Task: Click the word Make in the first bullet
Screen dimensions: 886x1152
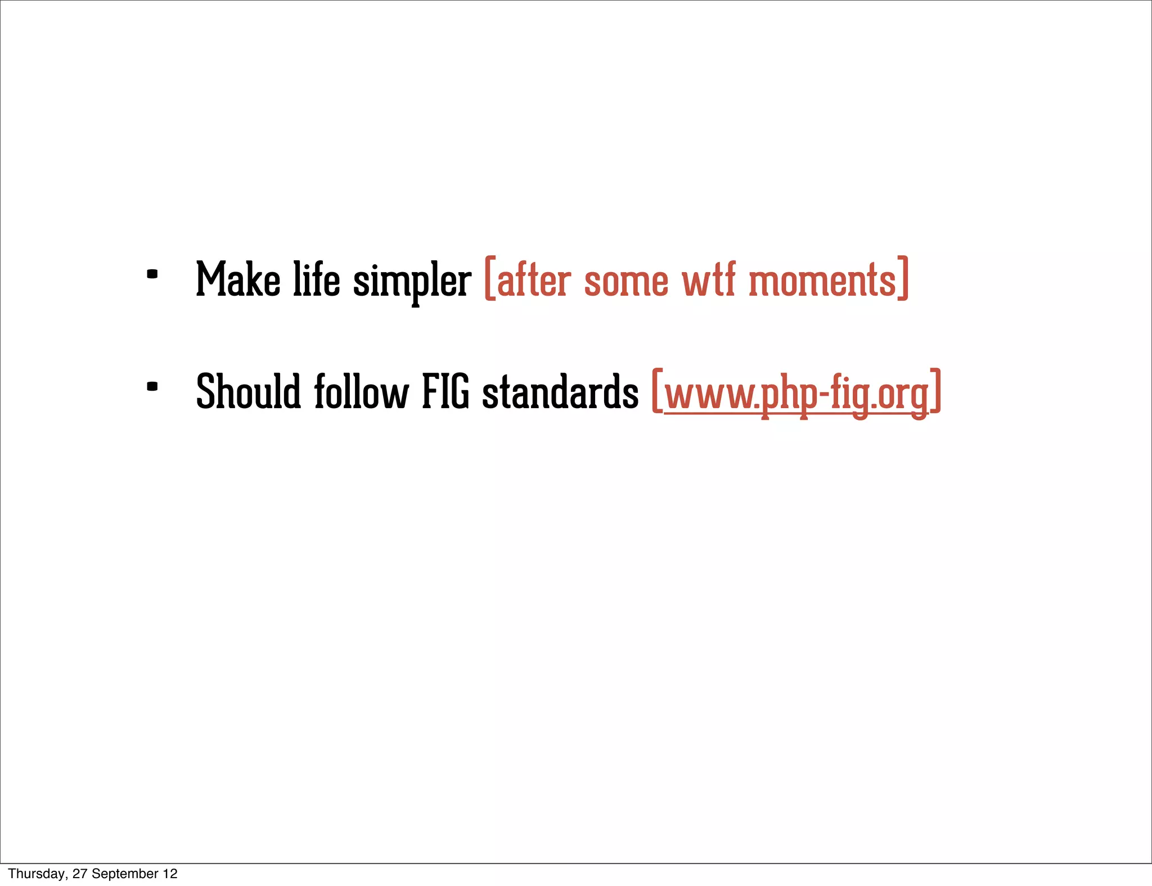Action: point(238,279)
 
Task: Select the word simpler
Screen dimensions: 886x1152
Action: point(412,281)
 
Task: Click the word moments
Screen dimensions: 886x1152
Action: point(822,281)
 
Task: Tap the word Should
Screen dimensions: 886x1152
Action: point(248,392)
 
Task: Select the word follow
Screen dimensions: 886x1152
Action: point(361,392)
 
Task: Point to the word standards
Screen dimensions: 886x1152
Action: point(560,392)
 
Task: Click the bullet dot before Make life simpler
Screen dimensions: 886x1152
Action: point(152,275)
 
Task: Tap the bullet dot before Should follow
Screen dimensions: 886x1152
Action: point(152,387)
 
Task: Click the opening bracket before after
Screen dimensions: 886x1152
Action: point(489,279)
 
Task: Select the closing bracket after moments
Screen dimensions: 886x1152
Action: point(903,279)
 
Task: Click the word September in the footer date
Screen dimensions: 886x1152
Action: point(125,874)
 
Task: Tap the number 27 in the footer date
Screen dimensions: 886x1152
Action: point(79,874)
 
